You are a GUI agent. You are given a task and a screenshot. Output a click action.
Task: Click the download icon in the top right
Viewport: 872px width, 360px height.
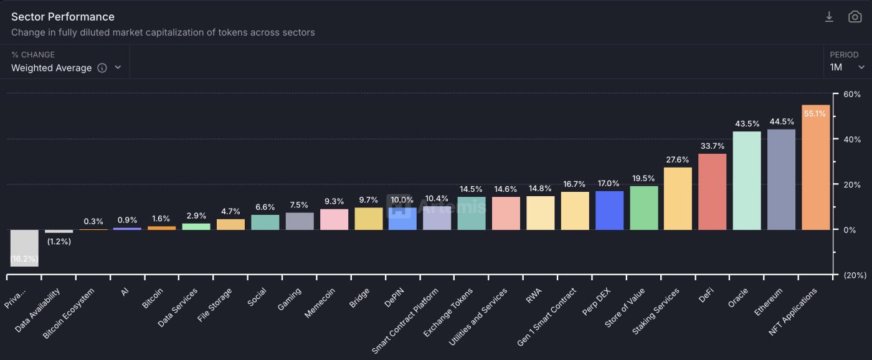pos(829,17)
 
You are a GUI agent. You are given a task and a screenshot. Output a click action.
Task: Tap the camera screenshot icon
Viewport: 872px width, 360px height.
pos(855,17)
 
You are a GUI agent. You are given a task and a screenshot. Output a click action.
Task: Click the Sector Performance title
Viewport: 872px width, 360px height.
pos(63,17)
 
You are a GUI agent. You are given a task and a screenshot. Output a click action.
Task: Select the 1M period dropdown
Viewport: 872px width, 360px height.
pos(847,67)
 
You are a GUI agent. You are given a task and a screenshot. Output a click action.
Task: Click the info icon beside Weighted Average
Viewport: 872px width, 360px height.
pos(102,68)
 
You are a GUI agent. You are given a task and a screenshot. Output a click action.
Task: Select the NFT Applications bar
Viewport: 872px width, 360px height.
pos(815,168)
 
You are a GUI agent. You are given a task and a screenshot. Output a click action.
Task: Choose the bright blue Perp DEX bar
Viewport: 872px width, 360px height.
pos(609,211)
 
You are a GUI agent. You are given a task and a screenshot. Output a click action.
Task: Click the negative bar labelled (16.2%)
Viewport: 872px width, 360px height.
pos(24,247)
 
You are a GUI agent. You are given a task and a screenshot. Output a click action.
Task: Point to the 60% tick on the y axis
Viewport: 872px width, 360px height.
pos(851,95)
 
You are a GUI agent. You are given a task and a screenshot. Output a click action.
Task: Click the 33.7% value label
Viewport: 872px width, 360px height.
pos(712,146)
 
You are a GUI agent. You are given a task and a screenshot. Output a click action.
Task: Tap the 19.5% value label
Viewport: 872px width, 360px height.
pos(643,179)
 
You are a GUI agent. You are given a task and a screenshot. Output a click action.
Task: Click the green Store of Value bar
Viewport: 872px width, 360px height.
pos(643,208)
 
